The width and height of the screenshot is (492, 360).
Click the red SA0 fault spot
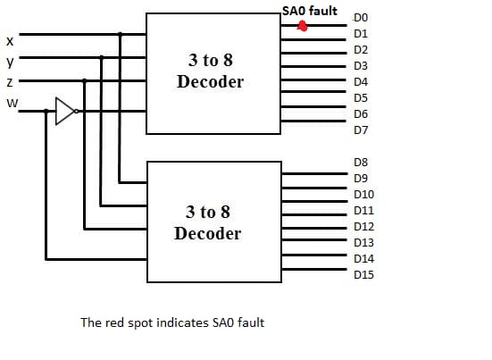click(x=302, y=26)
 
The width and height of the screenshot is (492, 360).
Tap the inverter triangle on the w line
click(x=64, y=111)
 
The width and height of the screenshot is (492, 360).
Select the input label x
click(x=10, y=41)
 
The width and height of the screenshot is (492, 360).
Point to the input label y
click(x=10, y=62)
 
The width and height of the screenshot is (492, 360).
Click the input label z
click(x=10, y=82)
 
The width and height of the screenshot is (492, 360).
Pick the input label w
click(x=13, y=103)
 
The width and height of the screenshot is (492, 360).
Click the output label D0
click(x=361, y=18)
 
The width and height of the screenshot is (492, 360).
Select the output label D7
click(x=361, y=130)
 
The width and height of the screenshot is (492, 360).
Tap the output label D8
click(x=361, y=163)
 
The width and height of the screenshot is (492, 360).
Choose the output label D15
click(x=363, y=275)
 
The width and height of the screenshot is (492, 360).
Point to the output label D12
click(x=363, y=227)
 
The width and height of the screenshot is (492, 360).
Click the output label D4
click(x=361, y=82)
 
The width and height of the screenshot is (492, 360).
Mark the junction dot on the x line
click(x=120, y=34)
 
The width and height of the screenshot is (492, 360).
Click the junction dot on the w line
click(x=46, y=111)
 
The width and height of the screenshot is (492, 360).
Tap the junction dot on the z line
click(x=84, y=80)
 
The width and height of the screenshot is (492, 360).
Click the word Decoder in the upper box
click(x=210, y=81)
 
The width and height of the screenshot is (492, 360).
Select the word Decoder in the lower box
click(x=208, y=233)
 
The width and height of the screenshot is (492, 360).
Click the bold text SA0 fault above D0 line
click(x=310, y=11)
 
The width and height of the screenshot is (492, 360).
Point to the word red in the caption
click(x=114, y=322)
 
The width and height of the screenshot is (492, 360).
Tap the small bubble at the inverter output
click(x=76, y=111)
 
